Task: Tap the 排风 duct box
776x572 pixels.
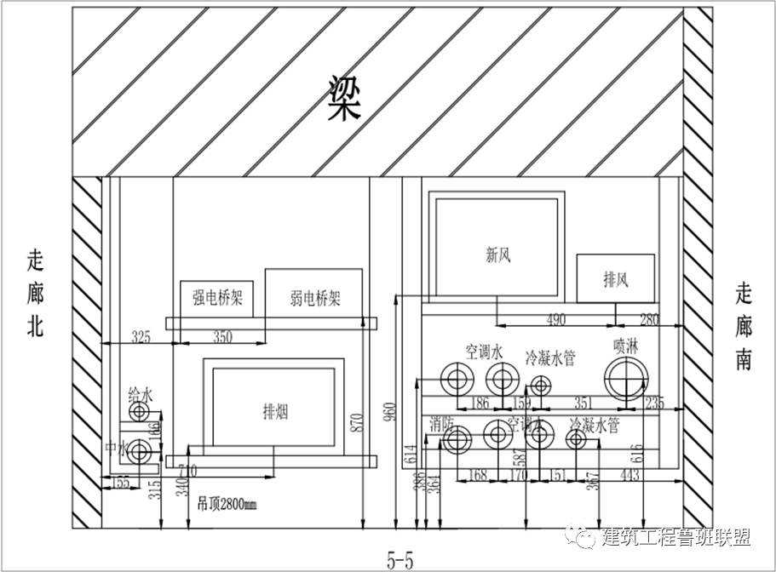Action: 616,279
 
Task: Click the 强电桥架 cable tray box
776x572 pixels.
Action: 217,298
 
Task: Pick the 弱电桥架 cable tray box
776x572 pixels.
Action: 314,298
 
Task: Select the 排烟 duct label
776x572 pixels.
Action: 274,412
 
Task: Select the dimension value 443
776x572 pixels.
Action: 629,475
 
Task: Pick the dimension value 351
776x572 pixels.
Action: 583,403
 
